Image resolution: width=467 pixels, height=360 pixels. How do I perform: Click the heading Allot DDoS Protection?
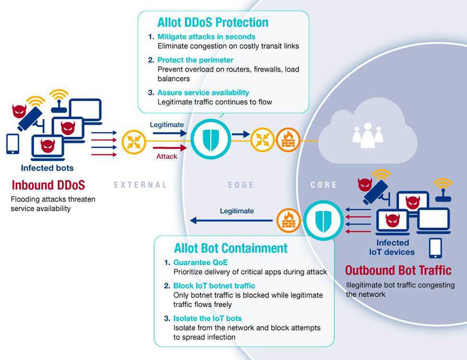click(213, 22)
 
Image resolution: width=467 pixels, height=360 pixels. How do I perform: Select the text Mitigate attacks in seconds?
click(206, 36)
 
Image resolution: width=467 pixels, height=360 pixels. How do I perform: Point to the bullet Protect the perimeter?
click(195, 60)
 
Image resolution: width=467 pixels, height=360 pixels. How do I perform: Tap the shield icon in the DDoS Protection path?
click(210, 139)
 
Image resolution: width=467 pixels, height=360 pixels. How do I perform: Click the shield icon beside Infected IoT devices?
click(322, 220)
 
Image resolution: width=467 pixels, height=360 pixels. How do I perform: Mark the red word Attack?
click(167, 156)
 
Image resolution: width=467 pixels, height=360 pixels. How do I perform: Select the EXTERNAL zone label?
click(140, 185)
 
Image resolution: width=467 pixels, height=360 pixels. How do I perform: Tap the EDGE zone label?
click(241, 185)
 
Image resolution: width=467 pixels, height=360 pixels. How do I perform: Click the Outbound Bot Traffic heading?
click(398, 270)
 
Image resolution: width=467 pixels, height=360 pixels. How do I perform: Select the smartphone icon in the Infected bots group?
click(12, 144)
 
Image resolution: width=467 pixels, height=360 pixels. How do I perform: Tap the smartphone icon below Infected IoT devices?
click(435, 248)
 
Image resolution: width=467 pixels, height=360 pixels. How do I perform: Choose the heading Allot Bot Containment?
click(230, 248)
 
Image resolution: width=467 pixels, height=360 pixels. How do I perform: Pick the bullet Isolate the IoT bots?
click(207, 318)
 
